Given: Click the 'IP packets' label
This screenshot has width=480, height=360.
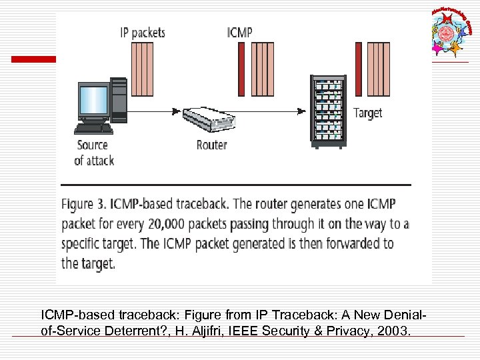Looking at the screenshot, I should [142, 32].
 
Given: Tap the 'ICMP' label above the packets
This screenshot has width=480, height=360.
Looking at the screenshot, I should [240, 32].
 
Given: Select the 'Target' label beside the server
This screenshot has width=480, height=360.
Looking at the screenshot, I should [367, 113].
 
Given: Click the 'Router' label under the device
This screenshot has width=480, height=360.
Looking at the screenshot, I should [211, 144].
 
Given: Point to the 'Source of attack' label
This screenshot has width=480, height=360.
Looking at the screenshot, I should [93, 152].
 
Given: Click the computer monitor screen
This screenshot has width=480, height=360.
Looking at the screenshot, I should [93, 100].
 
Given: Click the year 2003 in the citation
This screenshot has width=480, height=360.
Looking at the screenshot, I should [392, 331].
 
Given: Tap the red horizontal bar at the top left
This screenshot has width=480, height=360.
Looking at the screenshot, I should [33, 59].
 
